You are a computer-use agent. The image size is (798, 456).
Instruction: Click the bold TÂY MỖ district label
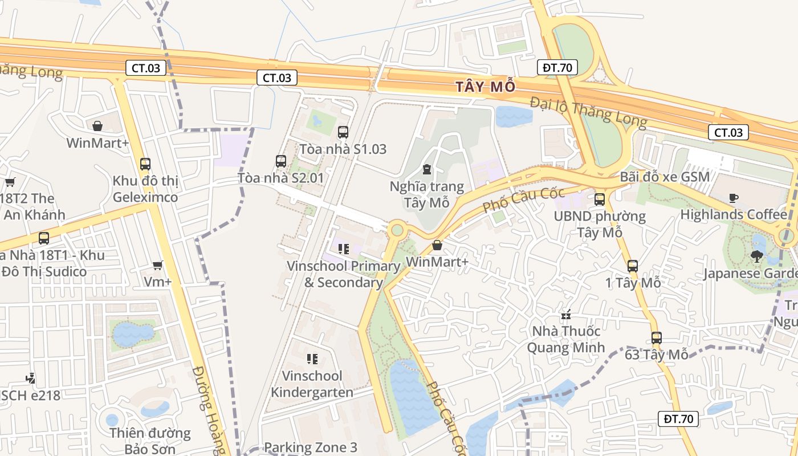(x=486, y=87)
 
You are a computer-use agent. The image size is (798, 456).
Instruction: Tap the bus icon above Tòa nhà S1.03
(x=343, y=132)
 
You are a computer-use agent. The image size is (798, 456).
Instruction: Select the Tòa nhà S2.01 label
(x=280, y=178)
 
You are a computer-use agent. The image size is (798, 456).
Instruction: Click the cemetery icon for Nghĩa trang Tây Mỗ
(x=426, y=169)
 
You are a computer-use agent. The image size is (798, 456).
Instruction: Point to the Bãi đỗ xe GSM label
(x=665, y=177)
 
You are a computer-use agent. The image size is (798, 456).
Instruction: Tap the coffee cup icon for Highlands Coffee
(x=734, y=198)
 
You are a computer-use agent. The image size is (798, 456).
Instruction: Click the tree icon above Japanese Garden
(x=757, y=256)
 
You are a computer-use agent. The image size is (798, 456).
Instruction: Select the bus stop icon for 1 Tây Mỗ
(x=632, y=266)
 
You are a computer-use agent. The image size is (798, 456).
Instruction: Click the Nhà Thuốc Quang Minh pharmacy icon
(x=566, y=314)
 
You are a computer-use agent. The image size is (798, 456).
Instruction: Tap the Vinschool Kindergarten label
(x=312, y=384)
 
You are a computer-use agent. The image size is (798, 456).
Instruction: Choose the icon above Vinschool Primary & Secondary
(x=343, y=249)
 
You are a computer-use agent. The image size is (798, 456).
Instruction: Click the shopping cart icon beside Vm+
(x=158, y=265)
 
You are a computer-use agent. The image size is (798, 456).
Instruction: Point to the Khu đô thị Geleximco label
(x=145, y=189)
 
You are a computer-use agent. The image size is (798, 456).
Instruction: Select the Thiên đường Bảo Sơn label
(x=150, y=441)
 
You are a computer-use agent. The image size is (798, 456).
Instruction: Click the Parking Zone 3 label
(x=310, y=447)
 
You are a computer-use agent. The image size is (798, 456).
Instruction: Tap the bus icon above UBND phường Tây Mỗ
(x=599, y=199)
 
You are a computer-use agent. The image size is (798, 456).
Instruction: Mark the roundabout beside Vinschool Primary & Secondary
(x=397, y=230)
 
